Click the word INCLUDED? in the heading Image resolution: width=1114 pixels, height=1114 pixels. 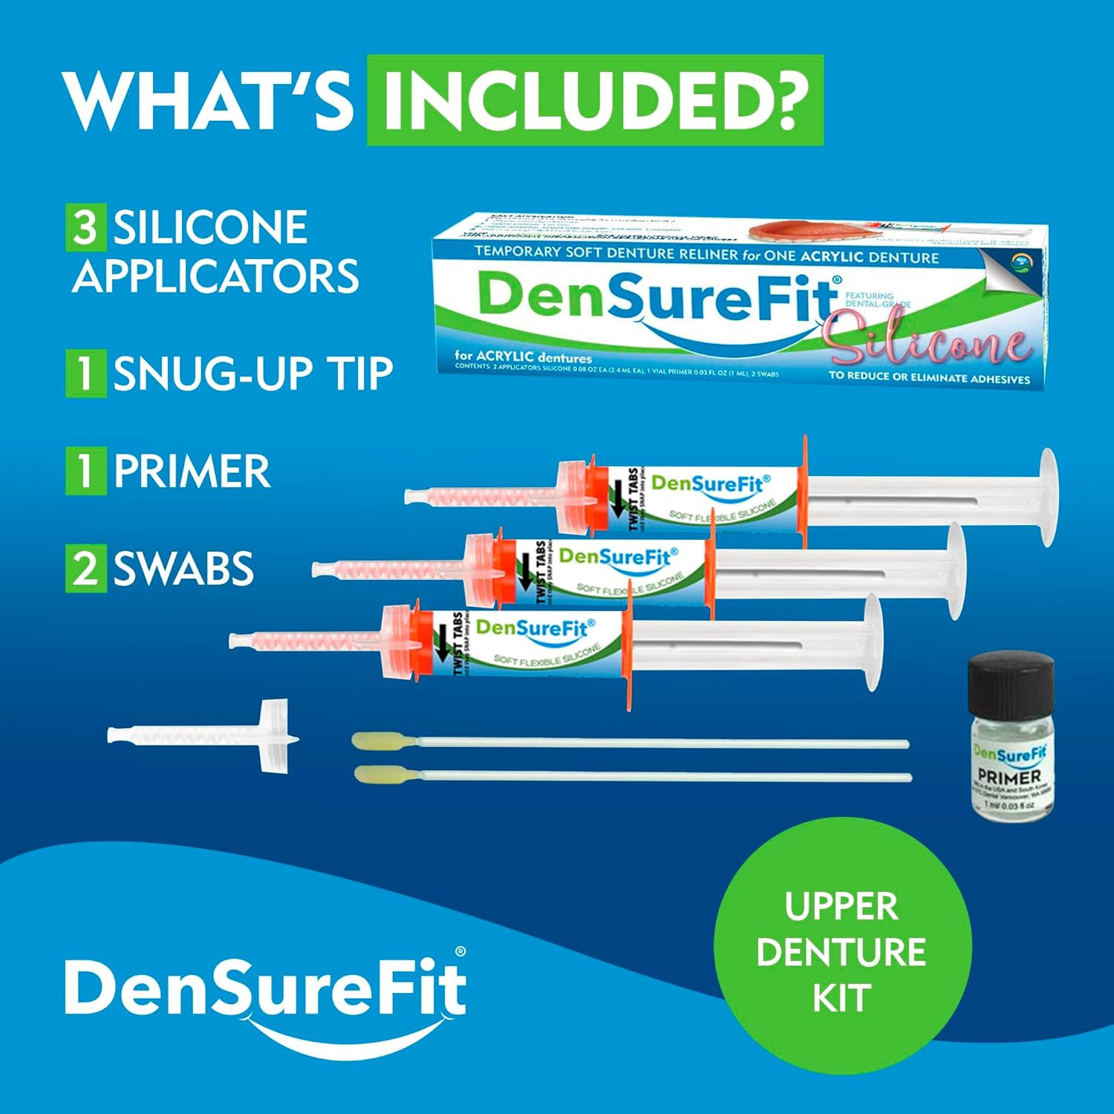(x=595, y=100)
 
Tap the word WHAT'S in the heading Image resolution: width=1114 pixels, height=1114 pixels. (x=209, y=100)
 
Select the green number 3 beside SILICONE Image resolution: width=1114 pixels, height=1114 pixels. (x=85, y=227)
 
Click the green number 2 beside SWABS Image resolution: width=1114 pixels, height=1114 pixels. (x=85, y=568)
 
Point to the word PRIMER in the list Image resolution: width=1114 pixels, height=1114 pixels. (x=192, y=471)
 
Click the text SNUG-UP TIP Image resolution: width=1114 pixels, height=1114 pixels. (x=253, y=373)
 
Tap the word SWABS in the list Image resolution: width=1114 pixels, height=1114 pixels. (x=183, y=568)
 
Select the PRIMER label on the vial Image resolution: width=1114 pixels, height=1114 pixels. (x=1009, y=777)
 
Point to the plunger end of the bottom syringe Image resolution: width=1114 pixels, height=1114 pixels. (x=872, y=642)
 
